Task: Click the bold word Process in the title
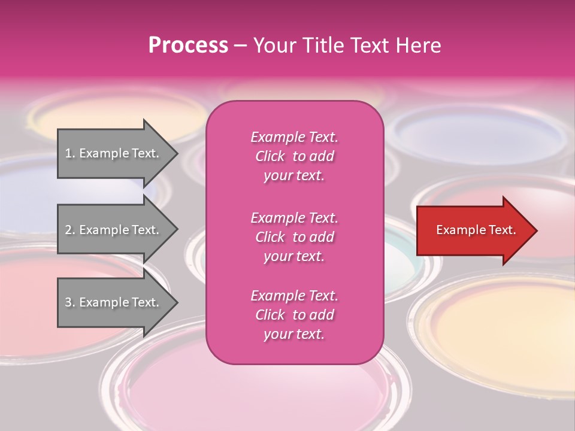pyautogui.click(x=188, y=45)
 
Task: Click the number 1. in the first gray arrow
pyautogui.click(x=70, y=153)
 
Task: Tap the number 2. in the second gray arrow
pyautogui.click(x=70, y=230)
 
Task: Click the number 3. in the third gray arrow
pyautogui.click(x=70, y=302)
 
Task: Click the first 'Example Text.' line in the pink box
pyautogui.click(x=294, y=137)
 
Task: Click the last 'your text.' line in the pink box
pyautogui.click(x=294, y=334)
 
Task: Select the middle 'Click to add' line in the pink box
pyautogui.click(x=294, y=237)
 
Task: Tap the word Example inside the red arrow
pyautogui.click(x=457, y=230)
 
